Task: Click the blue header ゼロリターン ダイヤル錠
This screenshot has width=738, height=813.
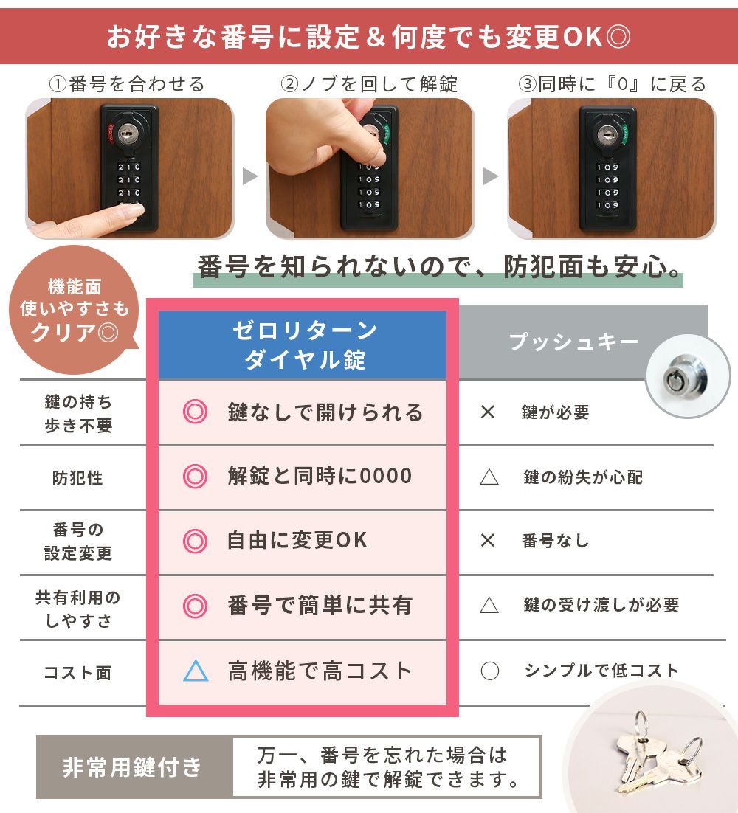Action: click(x=303, y=345)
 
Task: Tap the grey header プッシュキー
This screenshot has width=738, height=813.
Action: click(x=573, y=342)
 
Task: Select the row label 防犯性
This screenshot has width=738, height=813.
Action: click(x=77, y=477)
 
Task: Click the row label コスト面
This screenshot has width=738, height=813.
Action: click(x=77, y=673)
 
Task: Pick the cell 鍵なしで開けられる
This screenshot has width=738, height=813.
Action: click(x=325, y=412)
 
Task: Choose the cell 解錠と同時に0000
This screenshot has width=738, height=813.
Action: click(x=320, y=476)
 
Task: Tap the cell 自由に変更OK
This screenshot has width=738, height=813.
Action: click(x=297, y=540)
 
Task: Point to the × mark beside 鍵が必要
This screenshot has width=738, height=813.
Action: click(x=488, y=412)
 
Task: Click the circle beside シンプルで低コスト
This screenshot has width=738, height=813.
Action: click(x=489, y=671)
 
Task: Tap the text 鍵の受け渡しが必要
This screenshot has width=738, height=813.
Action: click(x=601, y=604)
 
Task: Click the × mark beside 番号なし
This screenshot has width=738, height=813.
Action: click(x=488, y=540)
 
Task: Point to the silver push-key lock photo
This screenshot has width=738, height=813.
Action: click(x=688, y=376)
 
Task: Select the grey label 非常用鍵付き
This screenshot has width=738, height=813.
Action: click(x=131, y=767)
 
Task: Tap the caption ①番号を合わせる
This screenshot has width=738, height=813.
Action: click(x=127, y=84)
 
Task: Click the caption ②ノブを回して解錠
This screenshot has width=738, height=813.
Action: click(x=369, y=84)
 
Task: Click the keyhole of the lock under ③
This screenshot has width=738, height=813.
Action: click(x=607, y=136)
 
